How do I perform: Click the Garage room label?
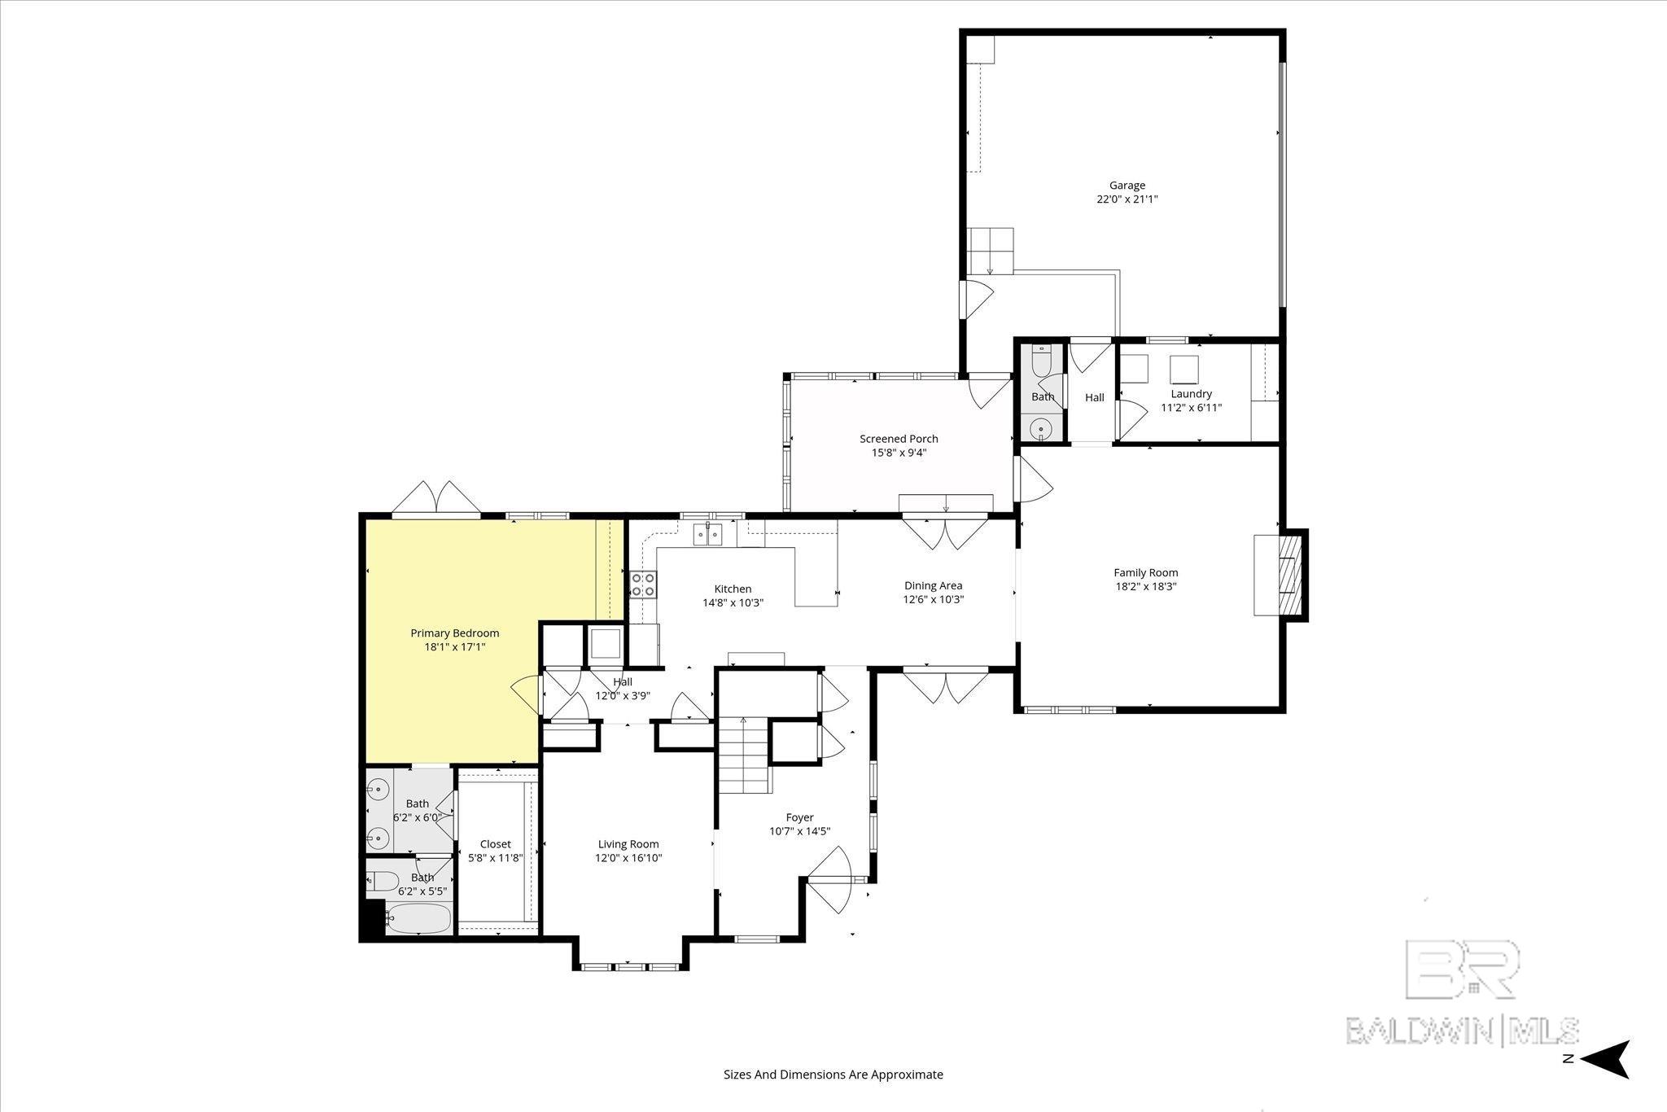[x=1127, y=186]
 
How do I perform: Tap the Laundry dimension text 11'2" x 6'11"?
[x=1191, y=408]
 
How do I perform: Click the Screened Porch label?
[x=899, y=439]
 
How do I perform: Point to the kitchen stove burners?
[x=643, y=584]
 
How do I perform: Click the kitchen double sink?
[x=707, y=534]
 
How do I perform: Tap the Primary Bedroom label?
[x=454, y=633]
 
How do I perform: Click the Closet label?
[x=495, y=844]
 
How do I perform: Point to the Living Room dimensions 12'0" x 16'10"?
[x=628, y=858]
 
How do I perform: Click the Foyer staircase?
[x=743, y=757]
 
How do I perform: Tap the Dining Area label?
[x=933, y=585]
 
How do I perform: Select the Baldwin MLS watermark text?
[x=1462, y=1030]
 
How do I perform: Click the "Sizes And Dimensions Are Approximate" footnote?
[x=833, y=1075]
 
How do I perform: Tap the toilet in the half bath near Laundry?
[x=1041, y=359]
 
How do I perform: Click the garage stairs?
[x=991, y=251]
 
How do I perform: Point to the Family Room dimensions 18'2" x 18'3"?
[x=1145, y=586]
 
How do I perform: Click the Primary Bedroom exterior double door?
[x=436, y=499]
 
